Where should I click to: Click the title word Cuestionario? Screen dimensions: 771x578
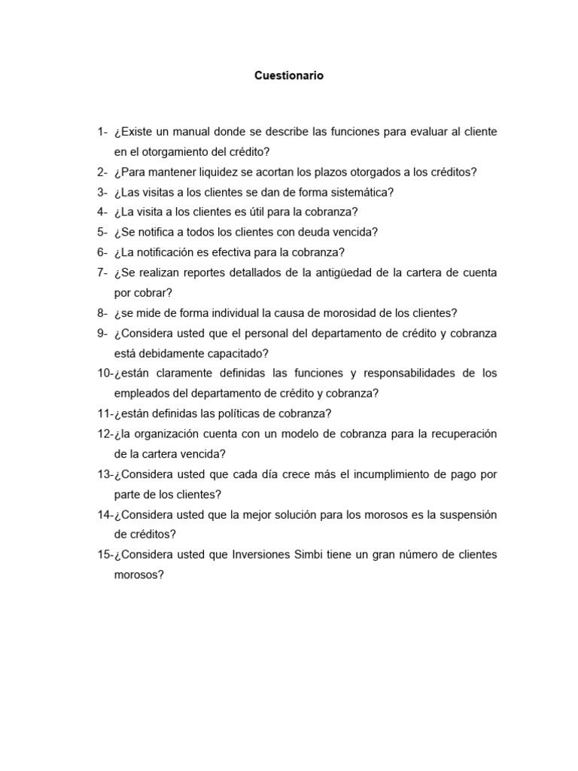289,76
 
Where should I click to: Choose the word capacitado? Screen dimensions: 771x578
233,352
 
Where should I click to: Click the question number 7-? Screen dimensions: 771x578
103,273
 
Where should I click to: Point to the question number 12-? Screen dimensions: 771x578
105,434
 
